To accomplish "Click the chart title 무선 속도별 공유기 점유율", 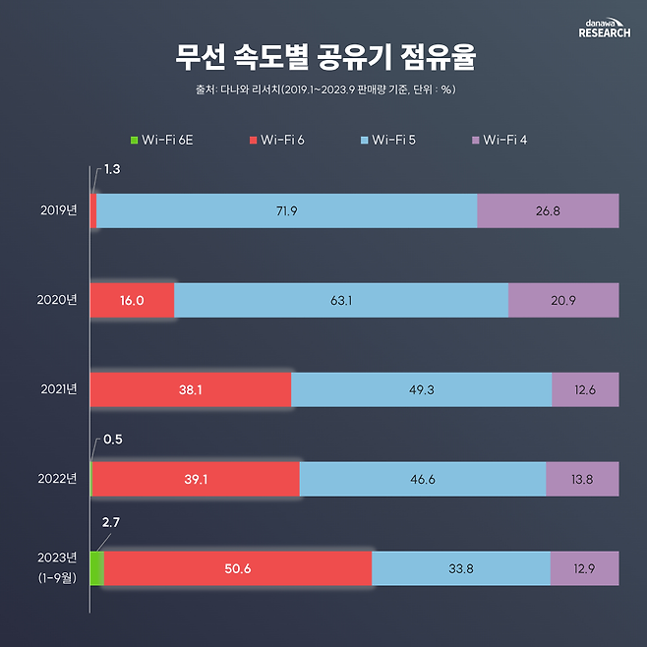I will (323, 57).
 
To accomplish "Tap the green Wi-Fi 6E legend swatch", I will (134, 141).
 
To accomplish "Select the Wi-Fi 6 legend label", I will (282, 141).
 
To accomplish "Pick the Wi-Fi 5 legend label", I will (392, 141).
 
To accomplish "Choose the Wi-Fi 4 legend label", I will (504, 141).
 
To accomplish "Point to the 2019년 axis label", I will (59, 210).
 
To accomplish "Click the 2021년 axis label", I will (59, 389).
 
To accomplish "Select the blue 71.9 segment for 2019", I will (286, 210).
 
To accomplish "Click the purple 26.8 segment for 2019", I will (548, 210).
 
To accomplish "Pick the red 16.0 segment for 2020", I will (132, 300).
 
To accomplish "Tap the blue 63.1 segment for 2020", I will (341, 300).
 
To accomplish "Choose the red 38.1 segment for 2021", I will (191, 389).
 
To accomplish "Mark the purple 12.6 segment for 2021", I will (585, 389).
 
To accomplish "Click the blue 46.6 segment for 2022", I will (422, 479).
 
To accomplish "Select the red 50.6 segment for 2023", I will (237, 568).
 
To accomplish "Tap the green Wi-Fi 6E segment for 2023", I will (96, 568).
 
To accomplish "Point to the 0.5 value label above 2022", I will (113, 439).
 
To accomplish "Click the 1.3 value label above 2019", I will (113, 170).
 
